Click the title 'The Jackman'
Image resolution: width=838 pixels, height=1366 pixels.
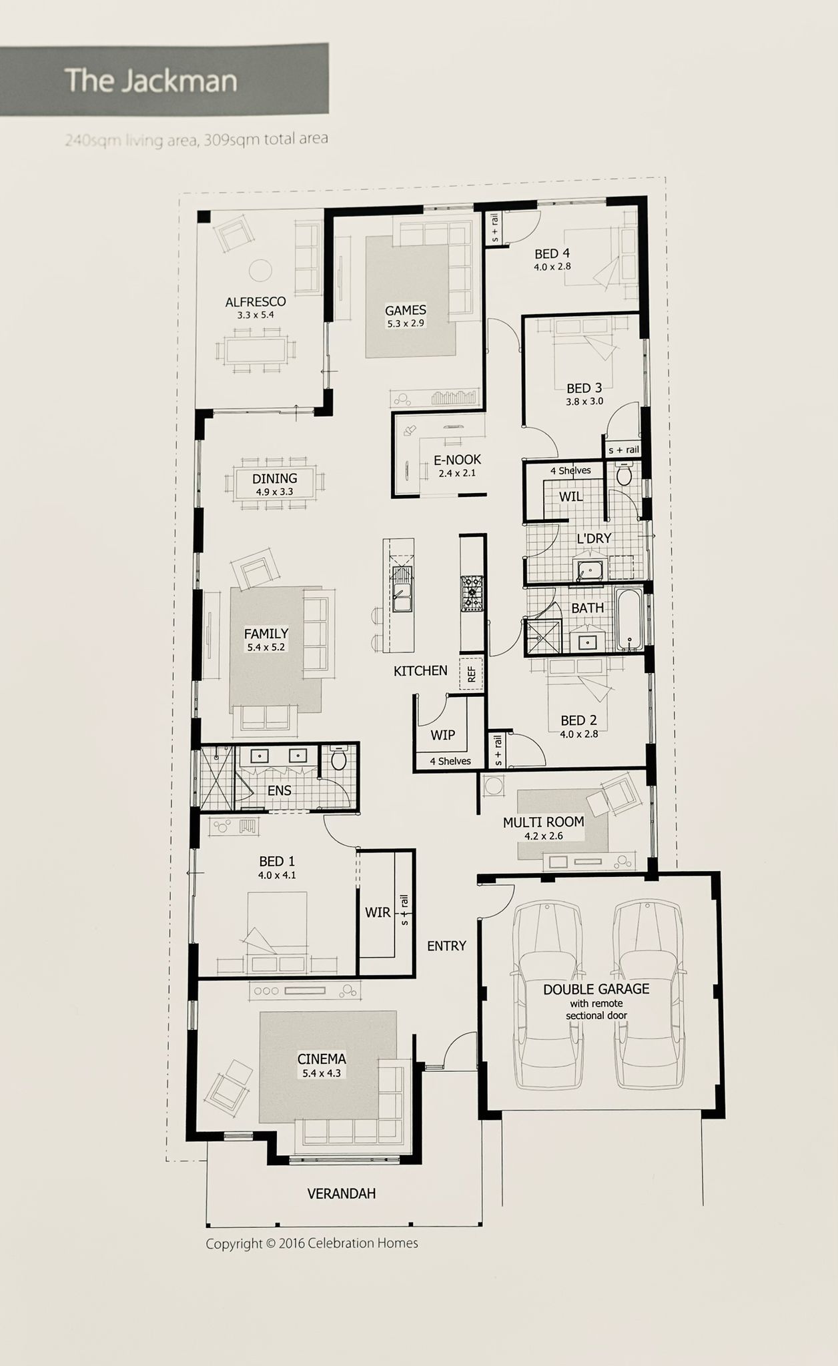point(151,81)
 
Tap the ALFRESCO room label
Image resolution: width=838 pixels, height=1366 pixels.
point(256,302)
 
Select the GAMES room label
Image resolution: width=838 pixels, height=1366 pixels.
point(406,310)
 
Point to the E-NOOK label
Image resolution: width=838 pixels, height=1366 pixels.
point(457,460)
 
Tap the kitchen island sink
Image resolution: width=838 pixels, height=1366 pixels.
point(402,590)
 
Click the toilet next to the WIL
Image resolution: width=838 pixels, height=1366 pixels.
point(624,473)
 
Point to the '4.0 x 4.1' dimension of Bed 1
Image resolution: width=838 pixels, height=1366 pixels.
point(277,875)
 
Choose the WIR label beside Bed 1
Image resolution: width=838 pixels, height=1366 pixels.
point(378,912)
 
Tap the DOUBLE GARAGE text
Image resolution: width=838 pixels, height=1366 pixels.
point(596,989)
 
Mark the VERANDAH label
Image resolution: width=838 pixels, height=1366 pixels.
point(342,1193)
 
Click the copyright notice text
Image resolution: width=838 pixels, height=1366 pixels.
point(312,1243)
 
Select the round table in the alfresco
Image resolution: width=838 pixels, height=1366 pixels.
point(260,270)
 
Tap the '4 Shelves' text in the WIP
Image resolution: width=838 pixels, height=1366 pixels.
point(450,761)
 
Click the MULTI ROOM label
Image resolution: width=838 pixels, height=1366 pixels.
point(543,822)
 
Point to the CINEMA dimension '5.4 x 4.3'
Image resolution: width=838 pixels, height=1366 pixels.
point(322,1073)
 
